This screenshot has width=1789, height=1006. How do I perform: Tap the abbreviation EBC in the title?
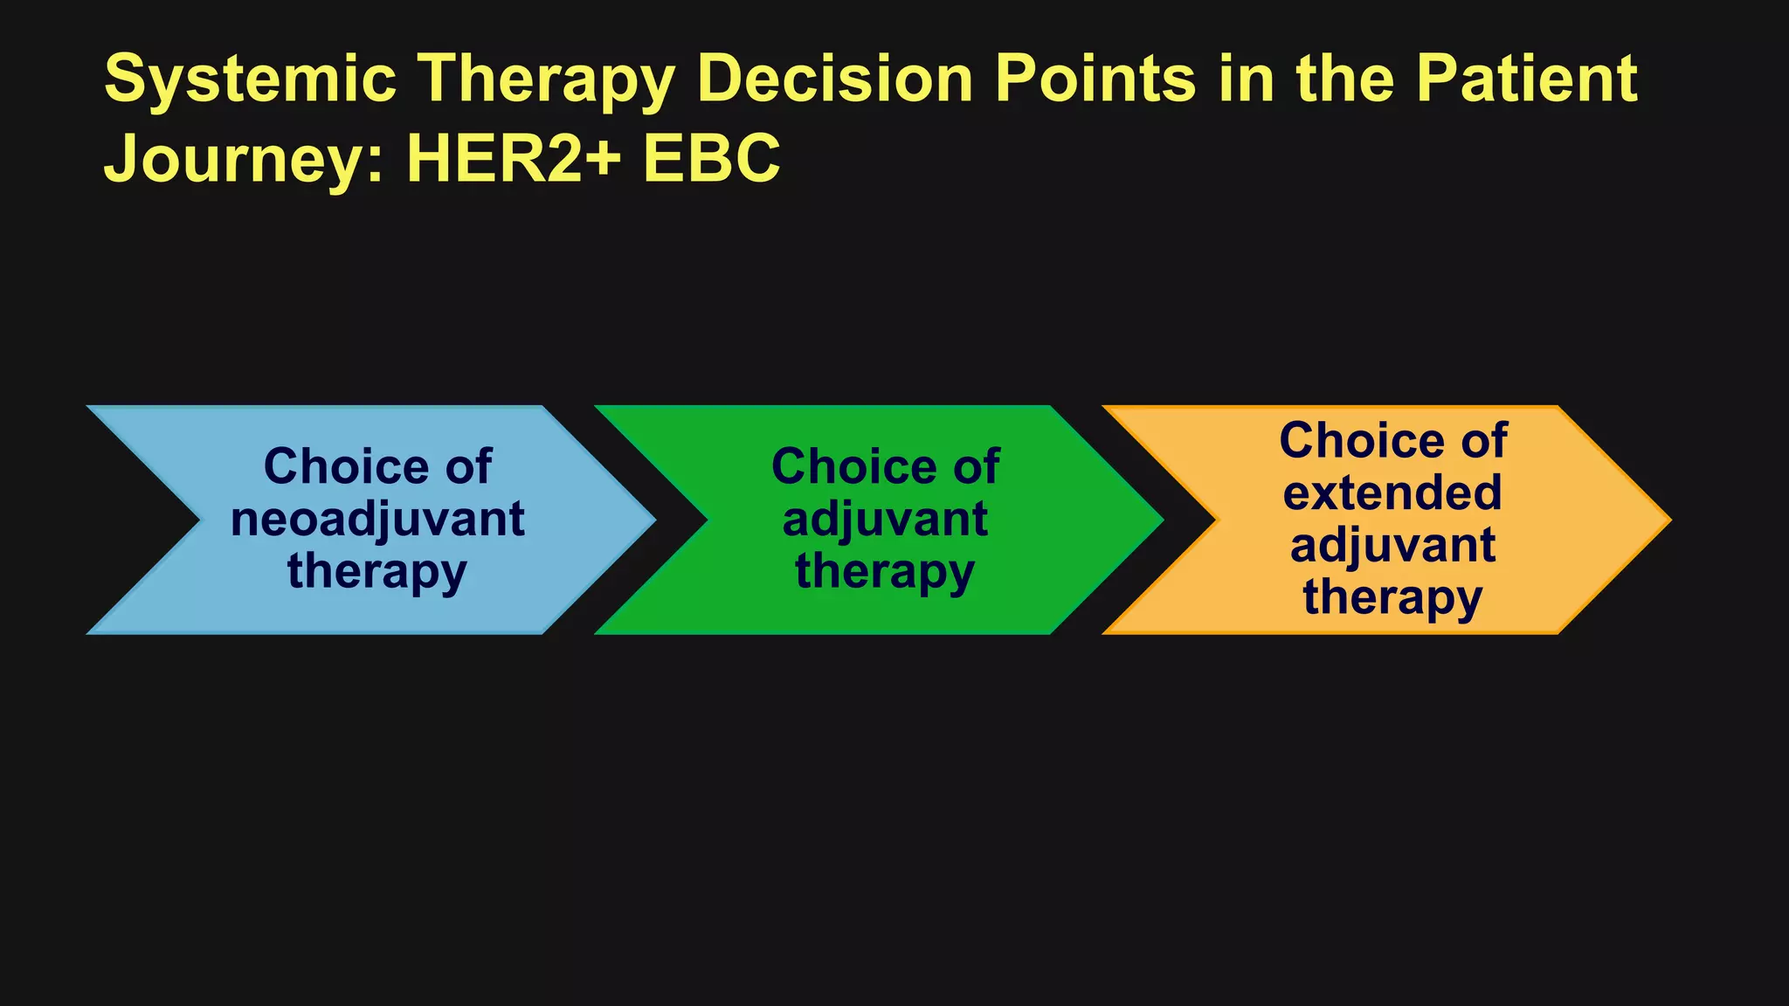click(711, 160)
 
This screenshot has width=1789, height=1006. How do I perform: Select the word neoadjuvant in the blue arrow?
click(377, 520)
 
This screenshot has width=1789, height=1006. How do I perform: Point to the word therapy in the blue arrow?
click(377, 573)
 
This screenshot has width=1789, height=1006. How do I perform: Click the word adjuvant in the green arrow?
click(885, 520)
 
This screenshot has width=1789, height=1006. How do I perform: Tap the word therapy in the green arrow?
click(885, 573)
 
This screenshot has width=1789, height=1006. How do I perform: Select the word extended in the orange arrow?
click(1392, 493)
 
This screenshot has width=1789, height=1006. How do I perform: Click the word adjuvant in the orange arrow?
click(1392, 546)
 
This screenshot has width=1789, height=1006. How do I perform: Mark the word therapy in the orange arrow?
click(1392, 599)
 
